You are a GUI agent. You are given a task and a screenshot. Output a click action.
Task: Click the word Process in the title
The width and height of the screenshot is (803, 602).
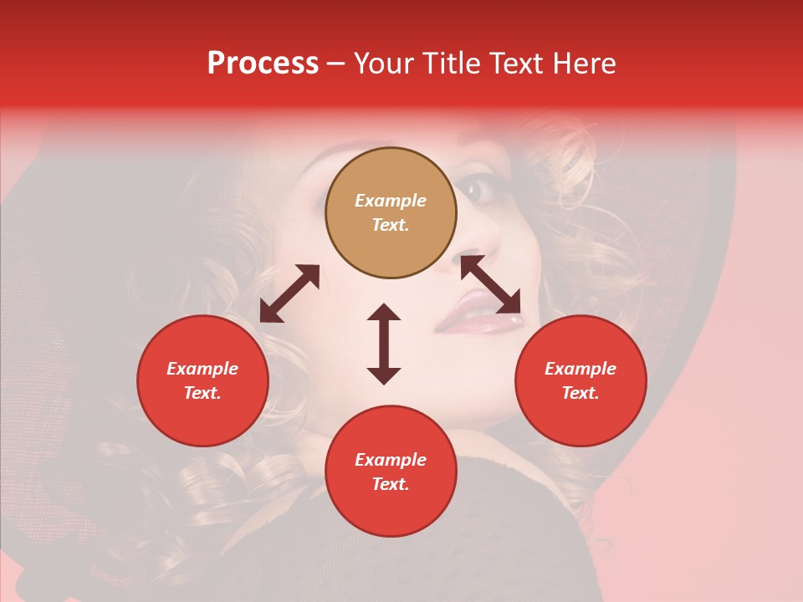(x=263, y=64)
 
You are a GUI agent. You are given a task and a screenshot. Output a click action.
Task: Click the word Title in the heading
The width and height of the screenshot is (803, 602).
(x=452, y=64)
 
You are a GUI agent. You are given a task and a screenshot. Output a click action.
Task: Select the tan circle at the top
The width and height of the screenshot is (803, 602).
(x=391, y=213)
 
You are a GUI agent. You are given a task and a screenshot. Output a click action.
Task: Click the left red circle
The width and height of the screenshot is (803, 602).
(x=202, y=380)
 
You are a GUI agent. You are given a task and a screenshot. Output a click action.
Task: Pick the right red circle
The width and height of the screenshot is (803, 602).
(x=581, y=380)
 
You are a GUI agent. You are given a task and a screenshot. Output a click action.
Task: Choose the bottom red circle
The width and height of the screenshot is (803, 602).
(x=391, y=472)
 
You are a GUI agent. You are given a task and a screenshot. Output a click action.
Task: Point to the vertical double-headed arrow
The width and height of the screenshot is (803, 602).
(x=384, y=344)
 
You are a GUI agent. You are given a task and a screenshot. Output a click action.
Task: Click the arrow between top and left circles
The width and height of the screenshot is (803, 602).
(x=289, y=293)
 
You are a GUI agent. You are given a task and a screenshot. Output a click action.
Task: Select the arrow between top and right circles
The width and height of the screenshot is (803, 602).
(x=490, y=284)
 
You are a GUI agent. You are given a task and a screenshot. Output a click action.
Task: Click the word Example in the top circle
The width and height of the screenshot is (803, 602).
(x=391, y=201)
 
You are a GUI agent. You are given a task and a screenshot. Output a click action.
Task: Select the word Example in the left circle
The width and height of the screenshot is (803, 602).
(x=202, y=369)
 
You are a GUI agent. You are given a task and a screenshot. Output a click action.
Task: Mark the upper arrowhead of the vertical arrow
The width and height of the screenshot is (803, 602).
(x=384, y=313)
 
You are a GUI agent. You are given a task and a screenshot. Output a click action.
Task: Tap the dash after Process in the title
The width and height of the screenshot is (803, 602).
(x=336, y=64)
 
